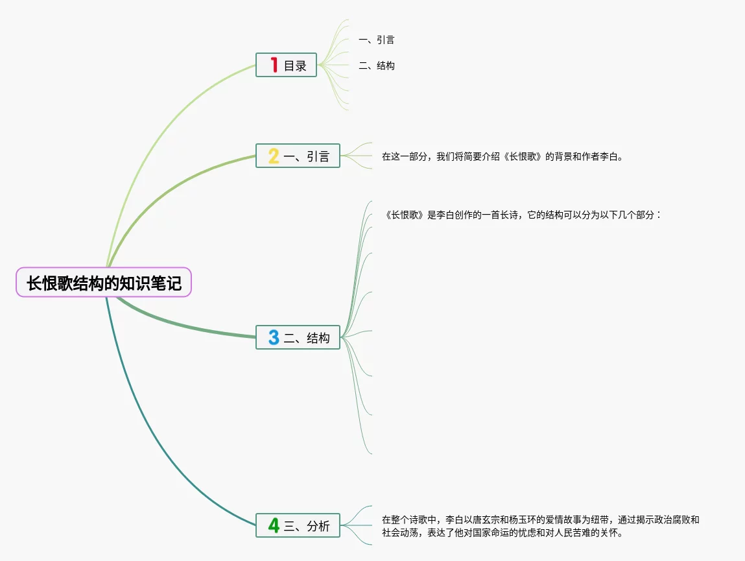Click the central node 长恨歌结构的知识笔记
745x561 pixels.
click(x=104, y=283)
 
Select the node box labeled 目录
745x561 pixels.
click(x=286, y=65)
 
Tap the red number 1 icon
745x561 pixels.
click(x=274, y=65)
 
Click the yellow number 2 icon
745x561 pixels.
click(x=274, y=156)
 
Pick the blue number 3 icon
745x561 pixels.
click(x=274, y=337)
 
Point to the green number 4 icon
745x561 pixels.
click(x=274, y=525)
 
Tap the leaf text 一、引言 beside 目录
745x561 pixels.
click(x=376, y=40)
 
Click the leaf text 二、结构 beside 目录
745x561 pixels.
click(x=376, y=66)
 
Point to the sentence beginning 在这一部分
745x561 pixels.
click(x=502, y=156)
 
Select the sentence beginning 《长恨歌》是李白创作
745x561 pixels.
click(x=523, y=215)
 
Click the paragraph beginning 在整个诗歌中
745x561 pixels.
click(x=540, y=526)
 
